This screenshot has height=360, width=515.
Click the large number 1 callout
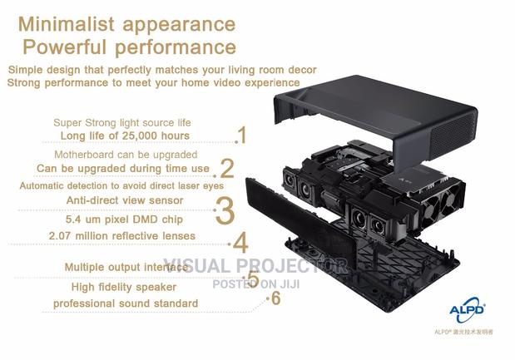241,136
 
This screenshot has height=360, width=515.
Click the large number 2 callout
226,169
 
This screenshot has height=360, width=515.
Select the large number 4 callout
240,243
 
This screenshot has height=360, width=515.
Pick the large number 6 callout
275,298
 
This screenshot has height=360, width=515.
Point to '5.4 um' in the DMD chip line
83,221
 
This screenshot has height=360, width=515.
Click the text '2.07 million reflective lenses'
121,237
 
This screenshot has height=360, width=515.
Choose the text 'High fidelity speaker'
122,287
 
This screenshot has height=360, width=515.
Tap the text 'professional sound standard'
126,303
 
